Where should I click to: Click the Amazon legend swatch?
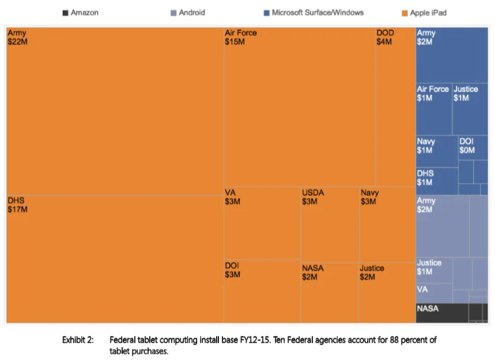[x=65, y=13]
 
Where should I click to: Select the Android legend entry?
[x=187, y=13]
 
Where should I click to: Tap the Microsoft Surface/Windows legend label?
[x=318, y=13]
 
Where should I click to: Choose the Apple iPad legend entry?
[x=424, y=13]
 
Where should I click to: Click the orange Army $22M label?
[x=17, y=37]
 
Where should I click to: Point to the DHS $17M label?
[x=17, y=204]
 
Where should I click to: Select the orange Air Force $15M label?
[x=240, y=37]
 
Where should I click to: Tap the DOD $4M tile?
[x=395, y=107]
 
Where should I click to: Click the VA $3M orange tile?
[x=262, y=223]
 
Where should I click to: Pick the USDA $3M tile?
[x=330, y=225]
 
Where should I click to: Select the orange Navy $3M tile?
[x=388, y=225]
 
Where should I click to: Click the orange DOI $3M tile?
[x=262, y=291]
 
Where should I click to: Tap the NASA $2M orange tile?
[x=330, y=293]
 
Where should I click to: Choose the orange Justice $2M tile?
[x=387, y=293]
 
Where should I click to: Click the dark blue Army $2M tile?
[x=452, y=55]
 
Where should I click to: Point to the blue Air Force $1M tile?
[x=434, y=109]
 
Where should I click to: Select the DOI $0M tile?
[x=473, y=147]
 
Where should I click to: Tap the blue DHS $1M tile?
[x=437, y=181]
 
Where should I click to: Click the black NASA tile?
[x=442, y=313]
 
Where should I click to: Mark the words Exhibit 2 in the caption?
[x=78, y=340]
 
